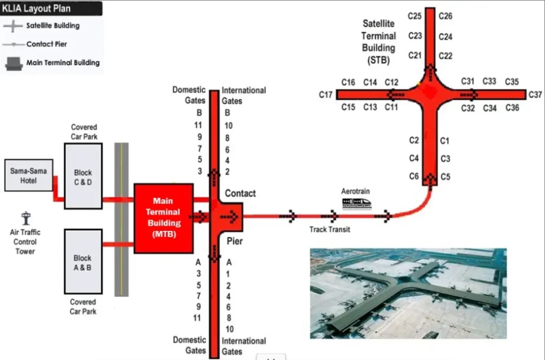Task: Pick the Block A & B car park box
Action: [x=83, y=262]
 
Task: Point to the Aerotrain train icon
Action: [x=356, y=203]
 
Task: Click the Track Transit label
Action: [x=330, y=229]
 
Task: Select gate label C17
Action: [x=326, y=95]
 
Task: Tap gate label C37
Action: [x=535, y=95]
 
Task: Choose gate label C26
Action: [x=446, y=16]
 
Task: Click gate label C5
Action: [x=446, y=177]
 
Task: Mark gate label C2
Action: [x=414, y=141]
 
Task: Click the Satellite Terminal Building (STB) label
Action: [x=379, y=42]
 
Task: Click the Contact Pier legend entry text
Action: [x=46, y=45]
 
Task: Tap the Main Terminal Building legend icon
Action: [x=13, y=63]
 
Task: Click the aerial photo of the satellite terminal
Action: [x=408, y=290]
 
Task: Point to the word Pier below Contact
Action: [x=234, y=241]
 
